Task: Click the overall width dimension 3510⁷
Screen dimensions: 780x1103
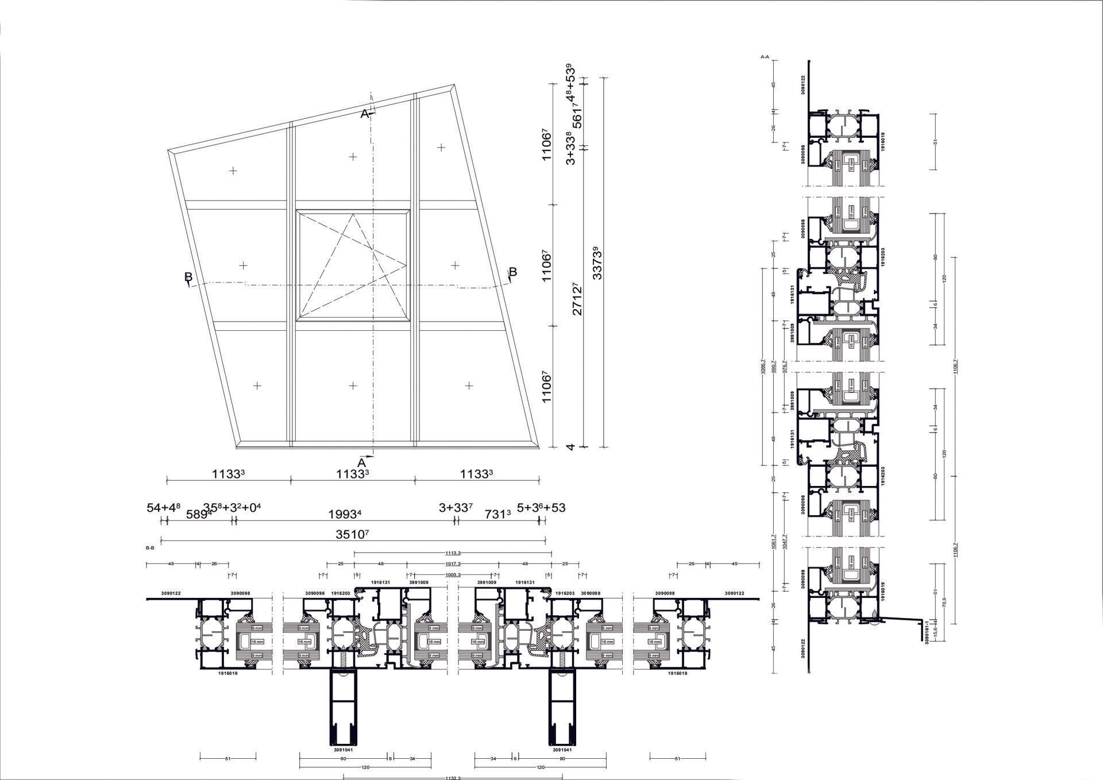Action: (352, 534)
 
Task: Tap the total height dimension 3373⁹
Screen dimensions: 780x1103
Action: (597, 262)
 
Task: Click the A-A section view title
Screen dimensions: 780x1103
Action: (765, 57)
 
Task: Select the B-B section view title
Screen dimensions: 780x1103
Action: (150, 548)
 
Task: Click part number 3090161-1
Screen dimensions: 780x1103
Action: (927, 631)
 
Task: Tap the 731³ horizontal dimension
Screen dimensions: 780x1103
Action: (498, 514)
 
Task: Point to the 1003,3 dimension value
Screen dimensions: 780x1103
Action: (453, 574)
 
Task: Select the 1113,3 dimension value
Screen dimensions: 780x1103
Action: (453, 553)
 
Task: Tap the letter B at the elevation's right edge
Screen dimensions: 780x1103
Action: (513, 272)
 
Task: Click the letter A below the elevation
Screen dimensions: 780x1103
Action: (362, 462)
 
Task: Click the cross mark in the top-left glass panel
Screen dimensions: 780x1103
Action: (233, 171)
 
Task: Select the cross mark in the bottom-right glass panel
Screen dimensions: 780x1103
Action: (469, 385)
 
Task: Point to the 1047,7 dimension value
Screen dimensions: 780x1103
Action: (785, 542)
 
